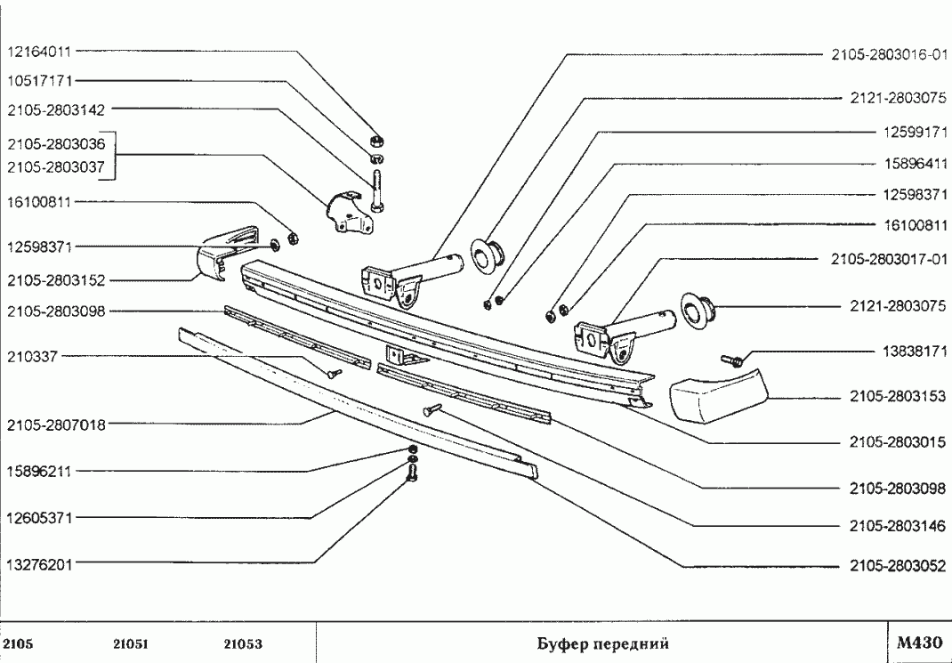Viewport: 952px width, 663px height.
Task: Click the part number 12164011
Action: (38, 52)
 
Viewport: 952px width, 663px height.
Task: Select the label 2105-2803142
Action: (56, 111)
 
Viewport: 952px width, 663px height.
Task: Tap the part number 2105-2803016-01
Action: (888, 54)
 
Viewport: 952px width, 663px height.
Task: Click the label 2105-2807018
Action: (56, 424)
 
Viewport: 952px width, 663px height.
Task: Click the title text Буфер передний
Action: (602, 643)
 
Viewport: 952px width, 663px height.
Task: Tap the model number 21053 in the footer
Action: (242, 643)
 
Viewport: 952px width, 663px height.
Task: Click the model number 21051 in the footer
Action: (131, 643)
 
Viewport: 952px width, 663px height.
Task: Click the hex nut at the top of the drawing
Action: (376, 141)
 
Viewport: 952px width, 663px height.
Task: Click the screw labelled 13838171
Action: (732, 360)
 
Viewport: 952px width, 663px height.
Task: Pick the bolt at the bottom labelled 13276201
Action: (413, 475)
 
